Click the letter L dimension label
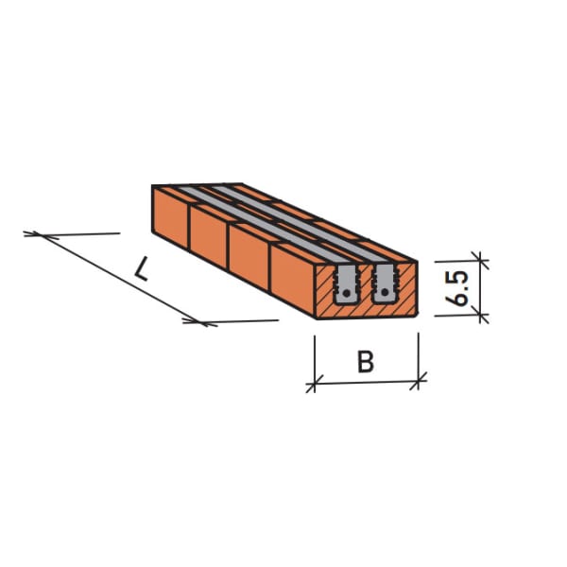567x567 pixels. tap(141, 269)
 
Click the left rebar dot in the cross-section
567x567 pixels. tap(349, 293)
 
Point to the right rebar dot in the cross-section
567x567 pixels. tap(386, 293)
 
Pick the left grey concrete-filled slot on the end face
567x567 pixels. tap(347, 283)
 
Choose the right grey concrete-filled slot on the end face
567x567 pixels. tap(386, 283)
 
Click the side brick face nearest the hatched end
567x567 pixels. tap(293, 276)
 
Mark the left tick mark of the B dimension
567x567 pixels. tap(315, 383)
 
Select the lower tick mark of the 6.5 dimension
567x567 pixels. tap(479, 316)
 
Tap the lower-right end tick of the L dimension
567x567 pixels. tap(199, 321)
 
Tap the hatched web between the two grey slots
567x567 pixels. tap(367, 283)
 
